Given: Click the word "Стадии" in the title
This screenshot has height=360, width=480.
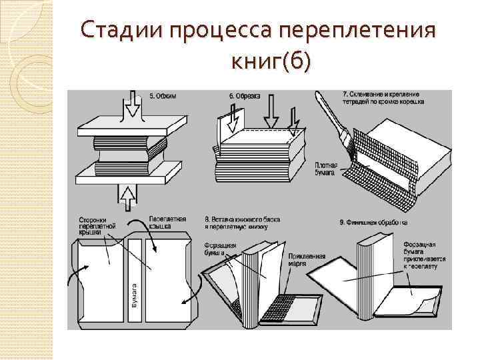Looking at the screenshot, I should click(123, 31).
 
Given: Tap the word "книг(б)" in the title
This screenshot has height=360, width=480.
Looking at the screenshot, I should click(269, 61).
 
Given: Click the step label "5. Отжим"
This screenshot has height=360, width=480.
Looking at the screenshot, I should click(163, 96).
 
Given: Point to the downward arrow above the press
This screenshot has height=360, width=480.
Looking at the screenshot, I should click(132, 107).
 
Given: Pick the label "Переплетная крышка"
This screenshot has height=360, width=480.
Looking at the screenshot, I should click(169, 223).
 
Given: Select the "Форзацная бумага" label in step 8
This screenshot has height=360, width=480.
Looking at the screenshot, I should click(221, 249).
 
